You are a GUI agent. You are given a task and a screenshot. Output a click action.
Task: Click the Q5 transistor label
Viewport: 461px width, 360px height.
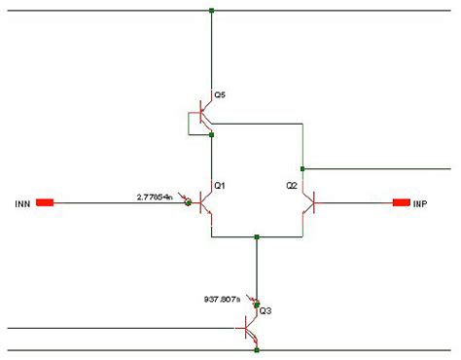[x=220, y=95]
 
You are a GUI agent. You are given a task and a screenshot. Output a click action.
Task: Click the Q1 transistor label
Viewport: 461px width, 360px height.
[x=220, y=185]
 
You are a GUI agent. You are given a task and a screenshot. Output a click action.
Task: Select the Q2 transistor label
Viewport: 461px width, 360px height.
[x=291, y=185]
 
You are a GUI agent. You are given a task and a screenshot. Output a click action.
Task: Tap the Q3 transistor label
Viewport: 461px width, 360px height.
[x=265, y=311]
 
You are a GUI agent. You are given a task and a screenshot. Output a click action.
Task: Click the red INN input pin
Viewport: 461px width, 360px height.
[x=45, y=202]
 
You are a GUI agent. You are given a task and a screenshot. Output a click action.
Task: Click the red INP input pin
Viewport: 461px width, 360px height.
[x=400, y=202]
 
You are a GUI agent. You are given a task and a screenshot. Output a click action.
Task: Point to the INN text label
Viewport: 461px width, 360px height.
[x=23, y=203]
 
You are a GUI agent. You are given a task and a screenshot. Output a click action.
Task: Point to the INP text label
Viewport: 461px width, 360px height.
[x=420, y=203]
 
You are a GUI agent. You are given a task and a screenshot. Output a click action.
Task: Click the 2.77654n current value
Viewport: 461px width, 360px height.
[x=156, y=197]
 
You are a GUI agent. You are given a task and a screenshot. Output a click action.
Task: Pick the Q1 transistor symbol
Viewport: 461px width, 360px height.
[x=205, y=203]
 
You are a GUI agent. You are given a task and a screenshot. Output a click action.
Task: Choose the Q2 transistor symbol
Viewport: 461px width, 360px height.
[x=308, y=203]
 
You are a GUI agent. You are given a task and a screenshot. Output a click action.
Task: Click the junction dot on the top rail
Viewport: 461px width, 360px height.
[x=211, y=11]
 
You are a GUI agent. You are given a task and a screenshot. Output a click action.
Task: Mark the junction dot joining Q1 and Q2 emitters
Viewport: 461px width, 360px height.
[x=257, y=236]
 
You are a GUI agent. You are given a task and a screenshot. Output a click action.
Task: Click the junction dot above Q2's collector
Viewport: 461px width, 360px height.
[x=302, y=168]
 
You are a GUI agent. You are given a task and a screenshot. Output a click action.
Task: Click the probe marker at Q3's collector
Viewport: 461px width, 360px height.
[x=257, y=305]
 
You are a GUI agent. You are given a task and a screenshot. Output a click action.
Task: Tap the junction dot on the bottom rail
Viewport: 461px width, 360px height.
[x=257, y=350]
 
